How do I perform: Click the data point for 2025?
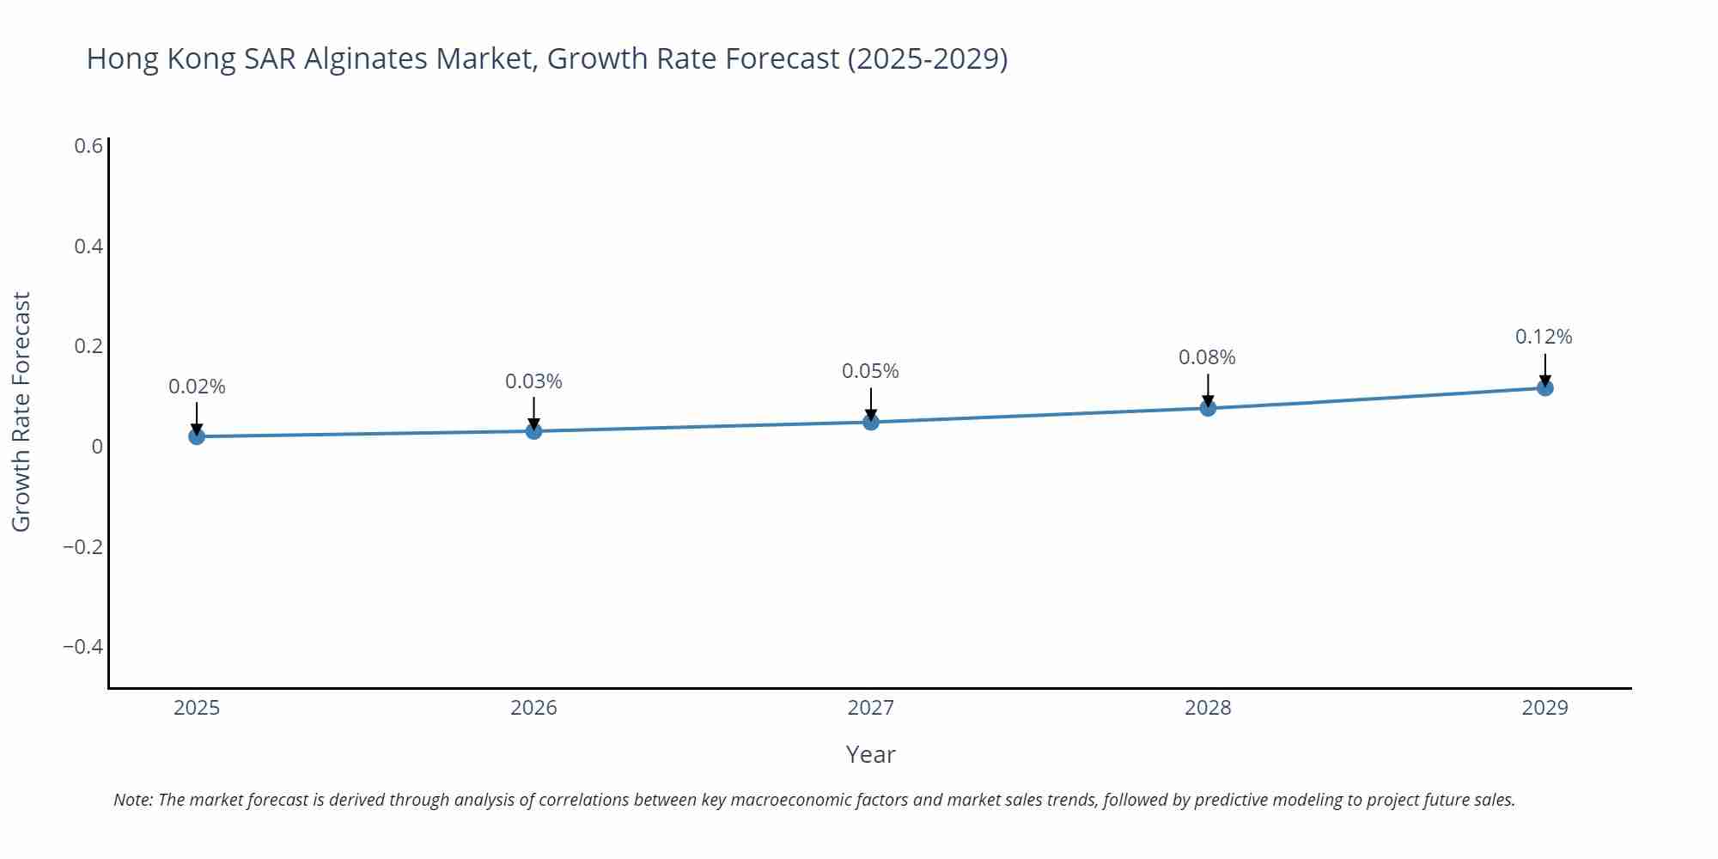tap(197, 436)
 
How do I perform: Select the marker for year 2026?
tap(533, 430)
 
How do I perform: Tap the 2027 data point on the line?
tap(871, 422)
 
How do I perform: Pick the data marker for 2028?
tap(1208, 408)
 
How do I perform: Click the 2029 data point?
tap(1544, 388)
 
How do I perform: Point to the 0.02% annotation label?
tap(197, 387)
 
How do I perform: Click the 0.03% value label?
tap(533, 381)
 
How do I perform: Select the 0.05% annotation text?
tap(870, 371)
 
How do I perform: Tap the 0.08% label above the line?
tap(1207, 357)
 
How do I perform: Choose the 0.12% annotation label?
tap(1544, 337)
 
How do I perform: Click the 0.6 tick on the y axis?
tap(88, 146)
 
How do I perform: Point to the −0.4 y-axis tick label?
tap(82, 647)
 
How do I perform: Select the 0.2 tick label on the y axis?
tap(88, 346)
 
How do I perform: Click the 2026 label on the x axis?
tap(533, 708)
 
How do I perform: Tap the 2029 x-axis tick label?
tap(1544, 708)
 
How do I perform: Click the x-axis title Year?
tap(870, 754)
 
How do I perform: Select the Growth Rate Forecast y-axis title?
tap(21, 411)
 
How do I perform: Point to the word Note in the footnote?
tap(132, 800)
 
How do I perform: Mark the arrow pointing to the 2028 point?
tap(1208, 389)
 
